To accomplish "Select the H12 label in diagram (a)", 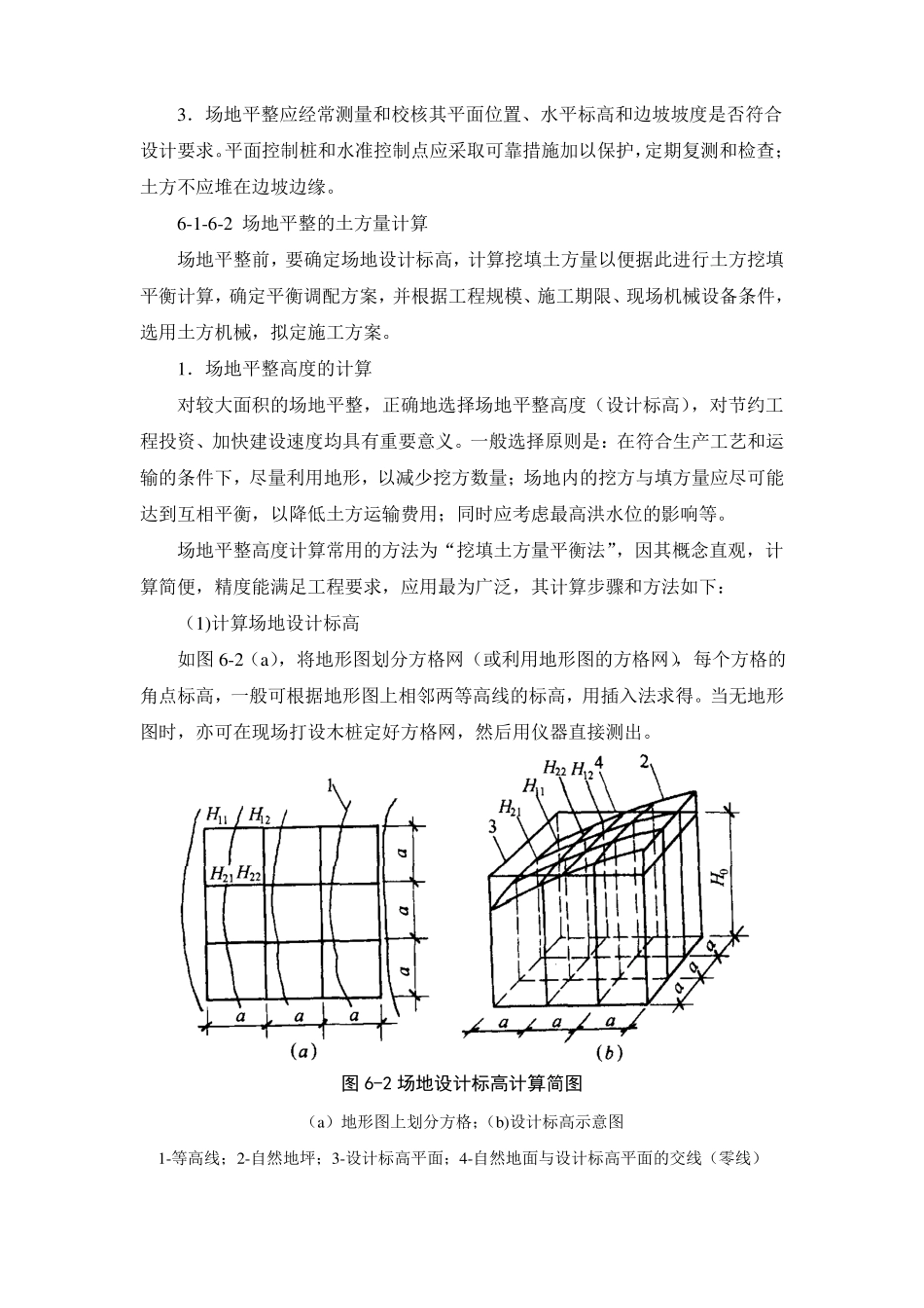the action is tap(260, 816).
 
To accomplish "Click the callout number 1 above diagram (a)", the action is tap(332, 784).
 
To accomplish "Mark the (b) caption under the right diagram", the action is tap(609, 1051).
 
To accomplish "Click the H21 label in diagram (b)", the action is tap(508, 806).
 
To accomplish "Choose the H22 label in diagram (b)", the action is tap(554, 768).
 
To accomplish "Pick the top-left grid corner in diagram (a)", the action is tap(208, 827).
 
